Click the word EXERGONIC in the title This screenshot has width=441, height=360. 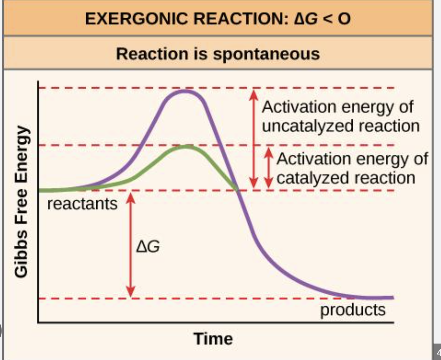136,19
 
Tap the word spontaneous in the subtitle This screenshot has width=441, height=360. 266,54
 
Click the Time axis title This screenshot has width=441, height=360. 213,339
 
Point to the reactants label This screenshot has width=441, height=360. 82,204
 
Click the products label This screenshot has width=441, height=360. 353,310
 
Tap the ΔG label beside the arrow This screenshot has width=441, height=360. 148,246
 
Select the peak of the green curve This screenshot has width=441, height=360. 186,147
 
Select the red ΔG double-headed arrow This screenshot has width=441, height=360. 131,244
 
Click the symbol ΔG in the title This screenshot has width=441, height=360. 306,19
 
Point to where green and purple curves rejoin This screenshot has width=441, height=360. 237,190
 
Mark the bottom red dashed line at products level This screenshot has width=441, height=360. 214,299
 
